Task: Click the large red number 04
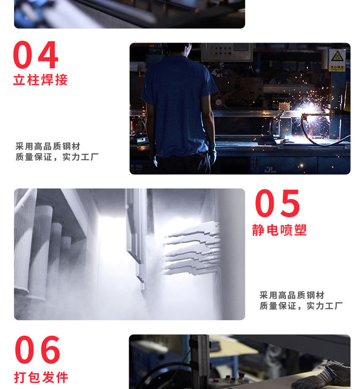tap(36, 55)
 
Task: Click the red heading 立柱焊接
tap(40, 80)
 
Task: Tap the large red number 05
tap(277, 203)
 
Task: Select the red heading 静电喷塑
tap(280, 230)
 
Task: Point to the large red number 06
tap(37, 350)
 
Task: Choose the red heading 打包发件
tap(41, 377)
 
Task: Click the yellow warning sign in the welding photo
tap(337, 60)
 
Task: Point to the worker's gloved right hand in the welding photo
tap(212, 154)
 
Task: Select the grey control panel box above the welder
tap(227, 52)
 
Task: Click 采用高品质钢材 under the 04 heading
tap(48, 146)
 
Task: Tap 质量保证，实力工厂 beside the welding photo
tap(57, 157)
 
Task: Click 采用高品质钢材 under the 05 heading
tap(292, 295)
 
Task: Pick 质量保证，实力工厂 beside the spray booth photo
tap(301, 306)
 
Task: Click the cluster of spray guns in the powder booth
tap(192, 248)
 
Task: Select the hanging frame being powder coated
tap(136, 238)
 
